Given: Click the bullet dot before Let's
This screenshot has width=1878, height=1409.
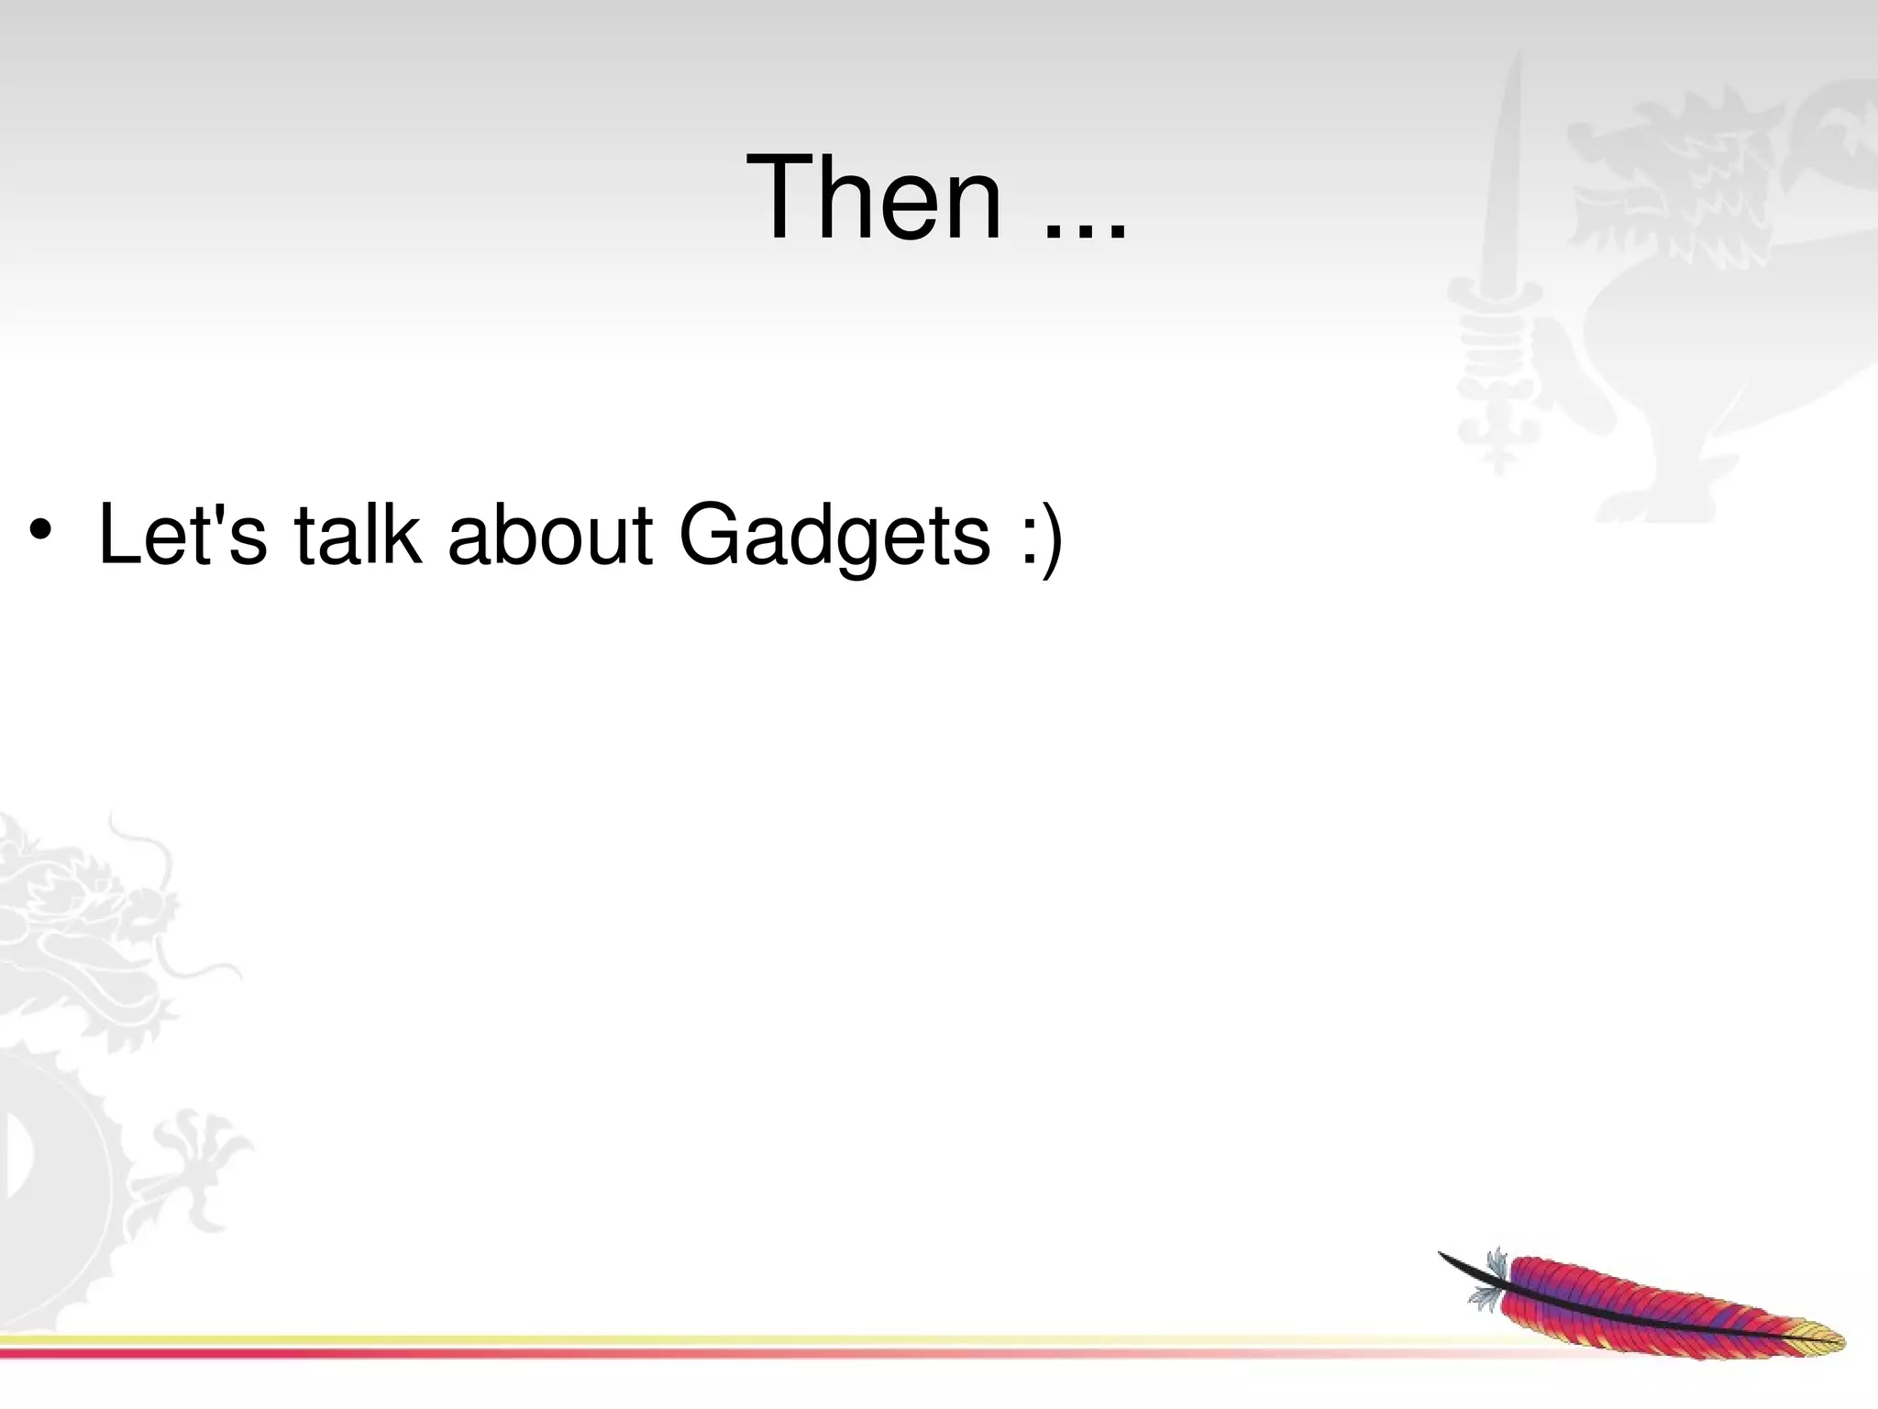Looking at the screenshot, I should pos(39,531).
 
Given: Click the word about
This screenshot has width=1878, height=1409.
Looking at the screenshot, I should pos(549,535).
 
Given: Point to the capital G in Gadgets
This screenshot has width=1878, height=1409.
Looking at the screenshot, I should pos(712,535).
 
